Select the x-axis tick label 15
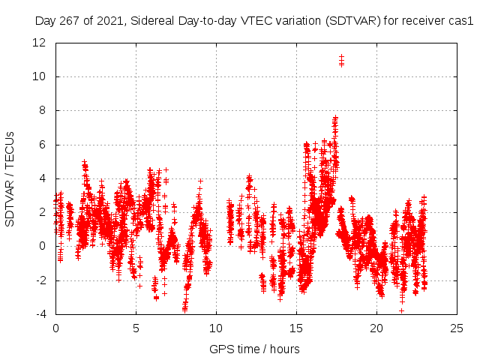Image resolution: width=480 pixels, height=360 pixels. coord(296,328)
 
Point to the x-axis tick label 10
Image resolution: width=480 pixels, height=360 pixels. coord(216,328)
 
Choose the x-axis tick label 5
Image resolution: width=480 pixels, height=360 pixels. coord(136,328)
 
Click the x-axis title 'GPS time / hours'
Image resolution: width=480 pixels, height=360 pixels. coord(254,349)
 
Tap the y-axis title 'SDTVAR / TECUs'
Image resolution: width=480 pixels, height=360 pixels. coord(10,178)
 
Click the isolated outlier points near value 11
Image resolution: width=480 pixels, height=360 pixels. coord(341,61)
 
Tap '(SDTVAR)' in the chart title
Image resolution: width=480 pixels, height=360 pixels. coord(349,21)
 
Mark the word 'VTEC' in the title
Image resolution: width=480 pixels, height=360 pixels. coord(254,21)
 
